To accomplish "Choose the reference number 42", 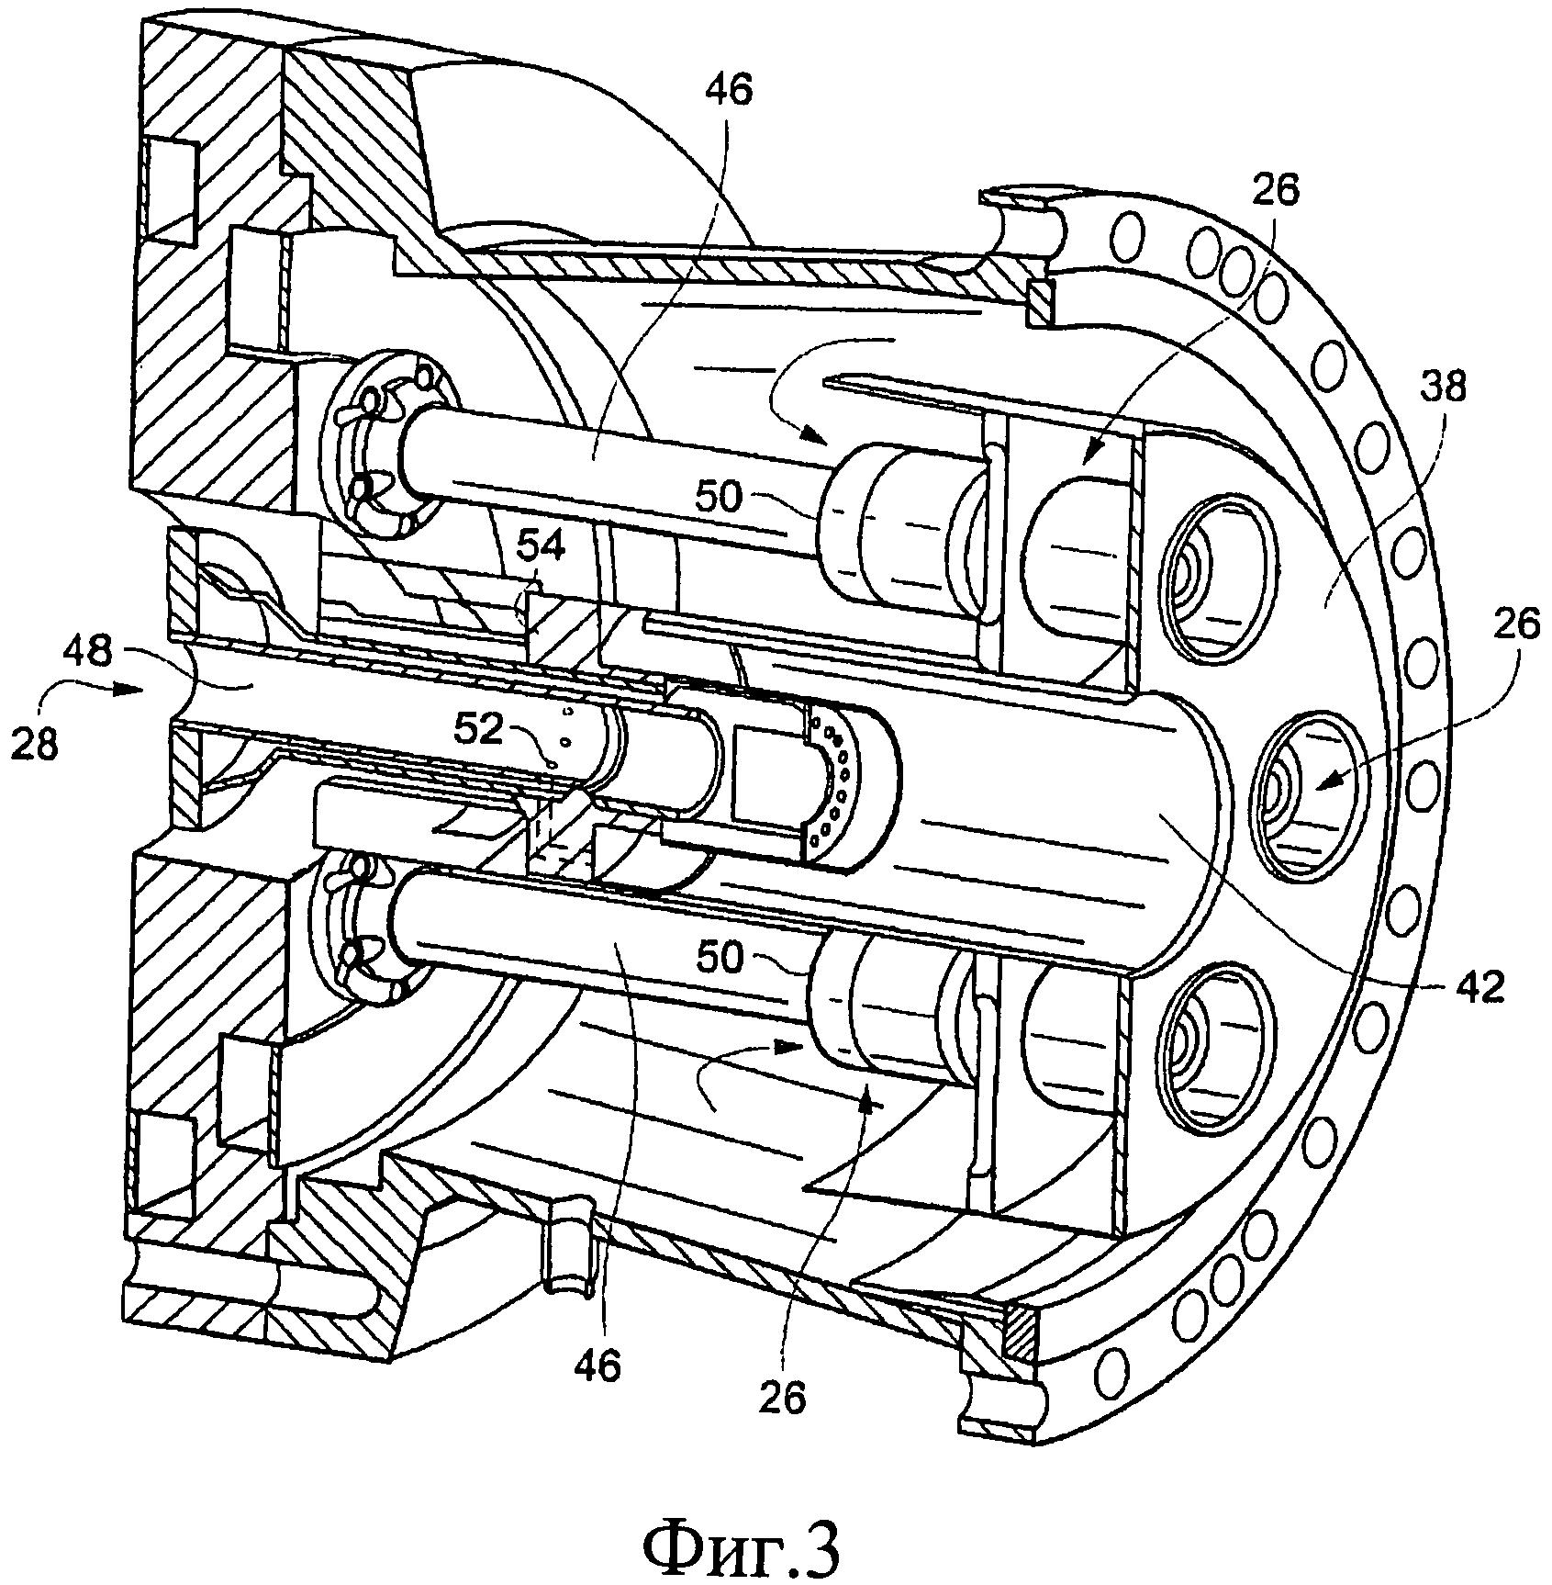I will point(1479,987).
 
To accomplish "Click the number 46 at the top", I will point(728,90).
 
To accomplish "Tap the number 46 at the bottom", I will point(598,1365).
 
